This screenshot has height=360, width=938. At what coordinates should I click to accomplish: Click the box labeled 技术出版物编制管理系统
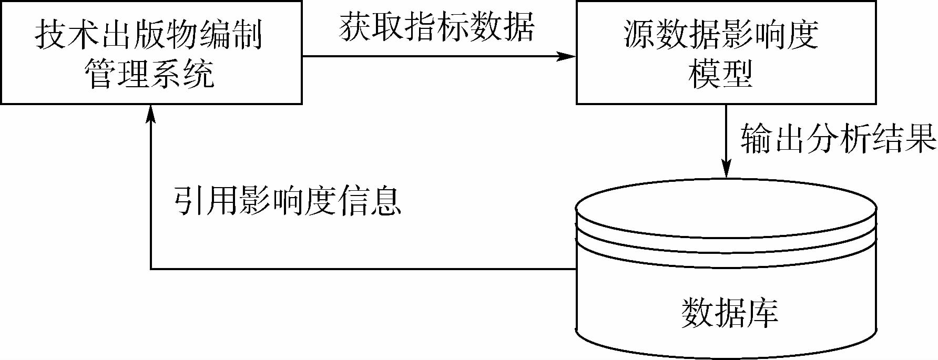[151, 53]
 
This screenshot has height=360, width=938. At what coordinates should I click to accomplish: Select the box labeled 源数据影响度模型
[726, 53]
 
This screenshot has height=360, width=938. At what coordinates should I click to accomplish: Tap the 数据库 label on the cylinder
[729, 313]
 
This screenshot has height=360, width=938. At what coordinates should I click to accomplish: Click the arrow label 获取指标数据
[436, 27]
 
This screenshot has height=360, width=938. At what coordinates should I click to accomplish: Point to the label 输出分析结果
[838, 140]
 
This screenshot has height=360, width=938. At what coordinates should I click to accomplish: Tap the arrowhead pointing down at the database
[726, 170]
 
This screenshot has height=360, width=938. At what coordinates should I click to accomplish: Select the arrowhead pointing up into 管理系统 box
[151, 113]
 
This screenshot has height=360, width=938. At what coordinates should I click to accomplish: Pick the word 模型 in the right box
[720, 74]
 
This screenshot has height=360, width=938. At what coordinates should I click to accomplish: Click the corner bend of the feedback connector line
[151, 269]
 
